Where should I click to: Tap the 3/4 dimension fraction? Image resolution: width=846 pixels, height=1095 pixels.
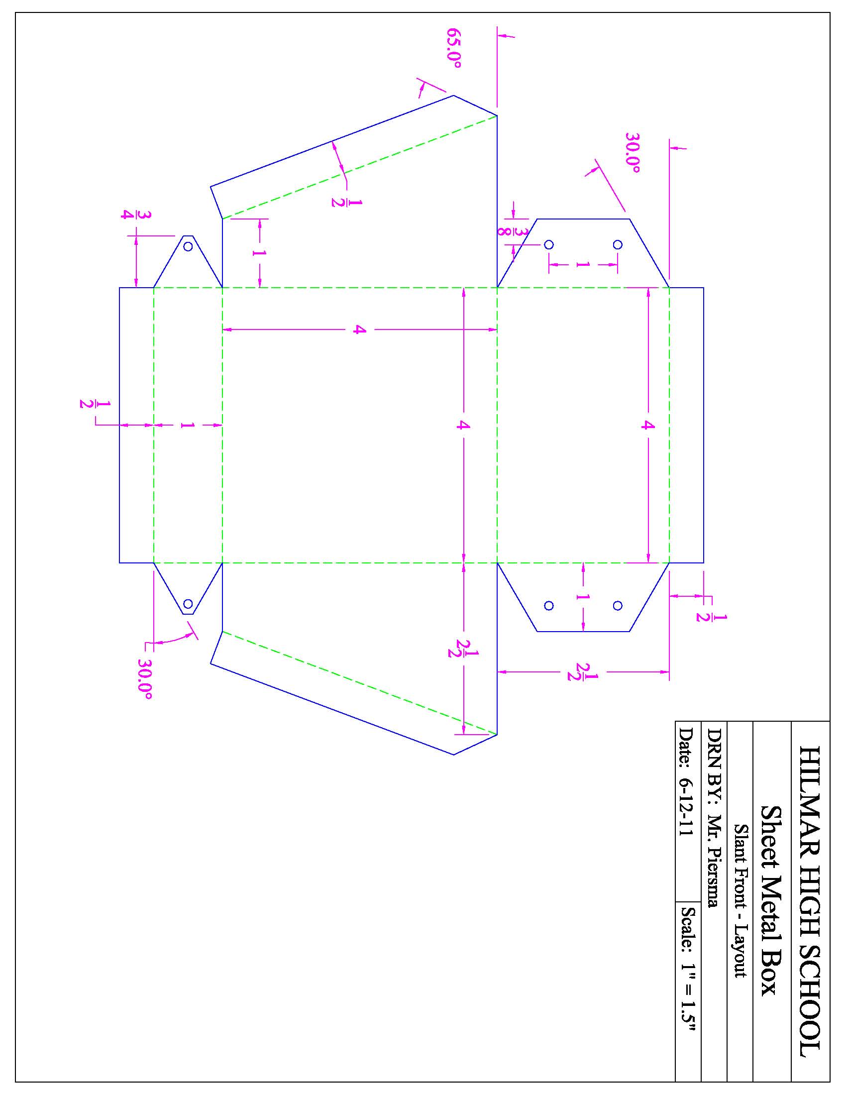tap(129, 215)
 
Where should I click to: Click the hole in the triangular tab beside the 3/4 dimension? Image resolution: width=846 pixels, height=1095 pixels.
tap(188, 246)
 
